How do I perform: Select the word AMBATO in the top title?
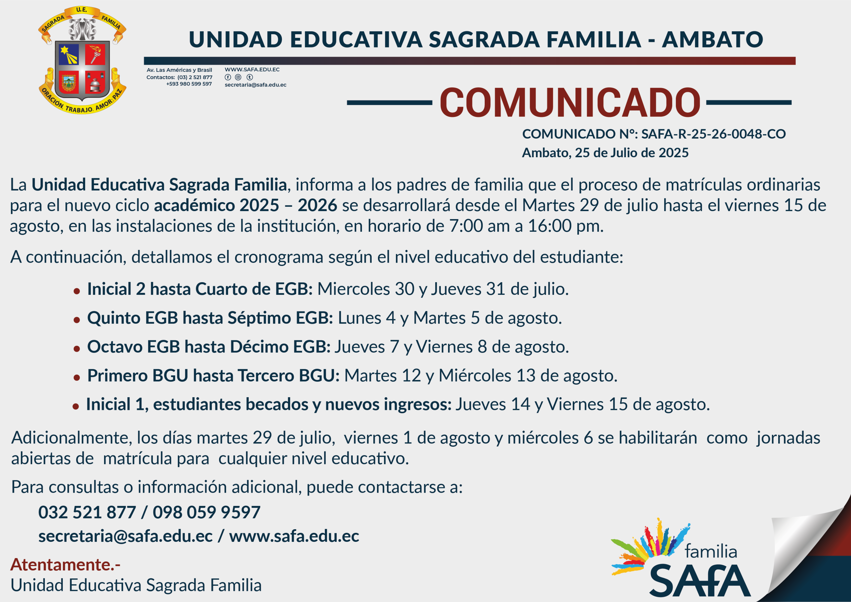click(x=712, y=40)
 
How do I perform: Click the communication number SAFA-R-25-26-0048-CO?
click(x=713, y=134)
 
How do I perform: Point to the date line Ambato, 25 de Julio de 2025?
click(x=605, y=153)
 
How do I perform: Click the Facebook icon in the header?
click(x=228, y=77)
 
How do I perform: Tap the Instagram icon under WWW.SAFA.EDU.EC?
click(x=238, y=77)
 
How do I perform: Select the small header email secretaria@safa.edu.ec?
click(x=255, y=85)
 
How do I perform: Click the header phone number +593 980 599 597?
click(x=189, y=84)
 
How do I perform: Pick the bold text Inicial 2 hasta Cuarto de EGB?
click(x=200, y=289)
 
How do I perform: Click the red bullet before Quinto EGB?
click(x=77, y=319)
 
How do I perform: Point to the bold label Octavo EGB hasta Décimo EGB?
click(x=209, y=347)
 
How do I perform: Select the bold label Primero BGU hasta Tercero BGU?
click(x=213, y=376)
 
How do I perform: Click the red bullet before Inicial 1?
click(x=75, y=406)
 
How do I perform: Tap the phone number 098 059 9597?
click(x=206, y=512)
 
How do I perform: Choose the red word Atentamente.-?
click(x=65, y=564)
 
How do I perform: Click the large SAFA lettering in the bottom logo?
click(x=700, y=580)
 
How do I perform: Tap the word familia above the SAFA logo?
click(x=710, y=551)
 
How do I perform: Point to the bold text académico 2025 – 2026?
click(x=245, y=205)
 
